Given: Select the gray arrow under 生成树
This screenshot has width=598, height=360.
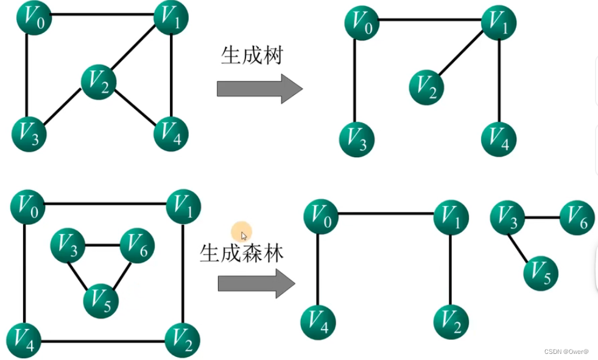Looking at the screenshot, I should click(x=259, y=89).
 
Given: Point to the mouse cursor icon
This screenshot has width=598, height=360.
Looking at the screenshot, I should click(x=244, y=236).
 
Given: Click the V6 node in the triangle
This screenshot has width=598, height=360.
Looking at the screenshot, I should click(x=137, y=245).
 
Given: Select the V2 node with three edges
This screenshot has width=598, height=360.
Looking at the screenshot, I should click(x=99, y=82).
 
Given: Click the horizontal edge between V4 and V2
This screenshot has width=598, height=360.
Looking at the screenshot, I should click(x=104, y=341).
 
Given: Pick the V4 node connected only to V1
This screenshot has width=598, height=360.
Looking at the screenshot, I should click(x=499, y=139).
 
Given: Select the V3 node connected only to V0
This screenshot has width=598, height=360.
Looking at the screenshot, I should click(x=356, y=139).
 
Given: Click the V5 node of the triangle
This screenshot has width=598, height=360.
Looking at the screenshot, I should click(x=101, y=300).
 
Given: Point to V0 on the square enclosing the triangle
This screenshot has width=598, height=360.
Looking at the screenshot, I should click(x=27, y=206).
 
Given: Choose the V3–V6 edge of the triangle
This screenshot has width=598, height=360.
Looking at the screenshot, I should click(x=102, y=245).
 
